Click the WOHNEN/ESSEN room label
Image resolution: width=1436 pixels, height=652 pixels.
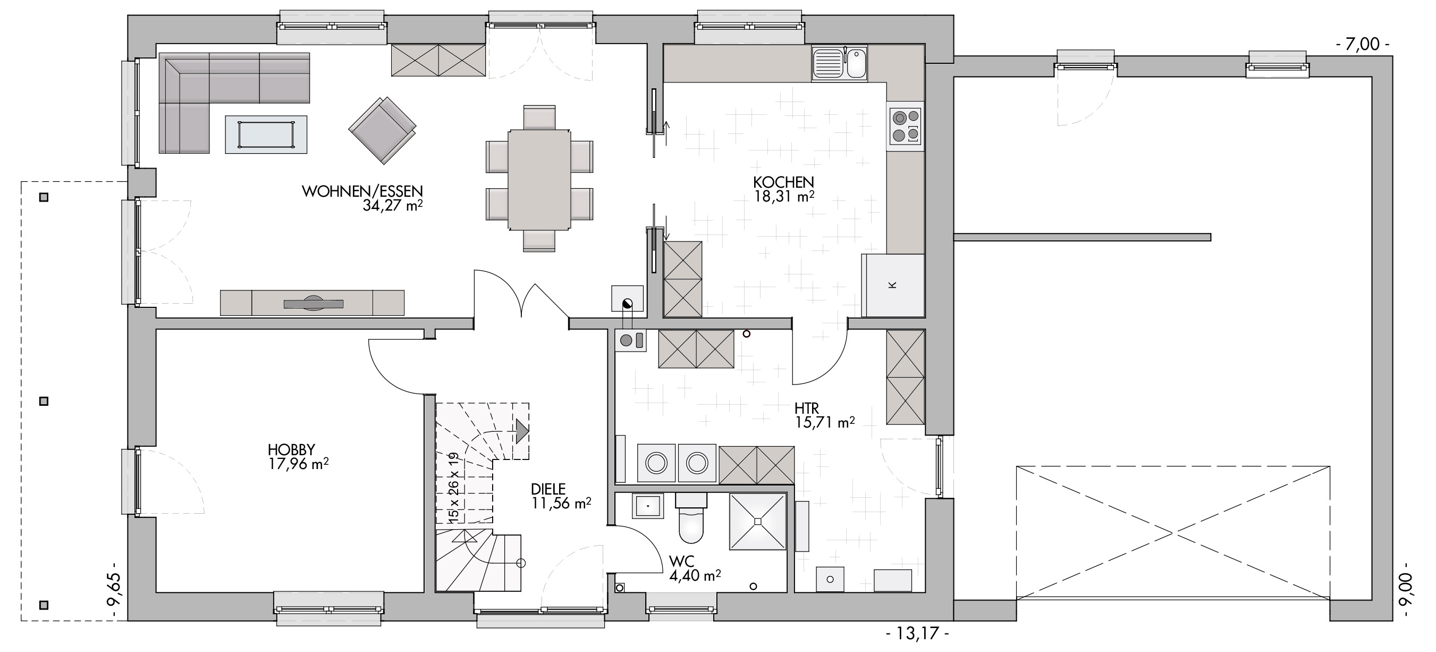[362, 191]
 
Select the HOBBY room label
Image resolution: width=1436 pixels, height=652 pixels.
[292, 449]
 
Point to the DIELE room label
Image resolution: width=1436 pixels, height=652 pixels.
[548, 489]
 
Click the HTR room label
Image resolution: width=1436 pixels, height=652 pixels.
[807, 408]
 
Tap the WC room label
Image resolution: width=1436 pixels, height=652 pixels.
[682, 561]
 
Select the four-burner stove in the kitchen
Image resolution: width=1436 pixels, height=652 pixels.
[905, 126]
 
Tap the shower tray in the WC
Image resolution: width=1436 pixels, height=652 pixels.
[757, 522]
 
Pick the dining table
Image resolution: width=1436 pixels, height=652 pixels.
[539, 180]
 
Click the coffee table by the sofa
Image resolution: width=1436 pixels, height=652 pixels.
[266, 134]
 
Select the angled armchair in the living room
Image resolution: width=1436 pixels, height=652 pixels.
[383, 130]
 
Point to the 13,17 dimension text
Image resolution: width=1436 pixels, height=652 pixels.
[916, 633]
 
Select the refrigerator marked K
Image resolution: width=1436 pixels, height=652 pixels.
[892, 286]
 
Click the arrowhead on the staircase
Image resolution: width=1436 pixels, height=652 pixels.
[522, 431]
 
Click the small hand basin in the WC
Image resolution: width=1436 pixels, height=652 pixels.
[648, 506]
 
